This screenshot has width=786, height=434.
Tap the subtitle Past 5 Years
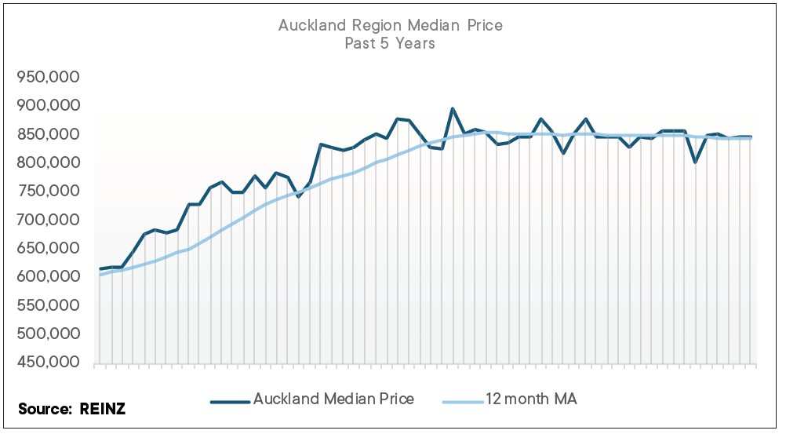pyautogui.click(x=390, y=44)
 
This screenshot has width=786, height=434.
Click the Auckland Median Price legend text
pyautogui.click(x=333, y=399)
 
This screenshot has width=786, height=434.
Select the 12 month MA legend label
pyautogui.click(x=532, y=399)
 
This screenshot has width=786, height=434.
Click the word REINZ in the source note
pyautogui.click(x=103, y=408)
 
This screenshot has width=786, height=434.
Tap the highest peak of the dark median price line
pyautogui.click(x=453, y=109)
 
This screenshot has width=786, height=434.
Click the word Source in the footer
pyautogui.click(x=45, y=408)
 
